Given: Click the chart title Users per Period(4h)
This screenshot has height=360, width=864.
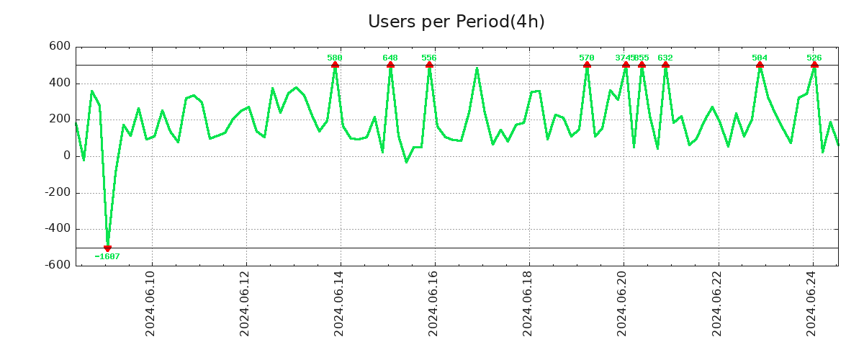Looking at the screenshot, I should (x=456, y=22).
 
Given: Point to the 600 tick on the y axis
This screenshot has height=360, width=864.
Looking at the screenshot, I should (x=60, y=47).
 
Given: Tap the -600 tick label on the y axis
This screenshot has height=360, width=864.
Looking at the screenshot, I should (x=57, y=265).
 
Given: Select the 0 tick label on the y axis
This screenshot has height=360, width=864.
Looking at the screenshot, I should (x=67, y=156).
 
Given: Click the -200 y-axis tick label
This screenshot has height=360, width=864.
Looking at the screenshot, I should (x=57, y=192).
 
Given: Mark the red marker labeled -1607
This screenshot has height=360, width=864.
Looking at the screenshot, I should (x=107, y=248).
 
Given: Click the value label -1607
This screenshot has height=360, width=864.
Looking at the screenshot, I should (x=107, y=256).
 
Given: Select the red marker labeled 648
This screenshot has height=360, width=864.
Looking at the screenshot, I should (x=390, y=65).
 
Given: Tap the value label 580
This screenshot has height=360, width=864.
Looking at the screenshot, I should (x=335, y=58).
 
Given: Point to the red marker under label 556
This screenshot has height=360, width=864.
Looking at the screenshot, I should (x=429, y=65).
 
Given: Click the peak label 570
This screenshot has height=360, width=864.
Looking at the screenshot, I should (x=587, y=58).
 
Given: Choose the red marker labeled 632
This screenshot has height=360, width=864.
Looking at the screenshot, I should (x=665, y=65).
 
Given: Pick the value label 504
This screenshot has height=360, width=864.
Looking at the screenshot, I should (x=760, y=58).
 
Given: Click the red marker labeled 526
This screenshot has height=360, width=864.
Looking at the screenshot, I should (x=814, y=65).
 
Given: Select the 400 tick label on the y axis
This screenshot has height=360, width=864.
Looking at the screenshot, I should (x=60, y=83).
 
